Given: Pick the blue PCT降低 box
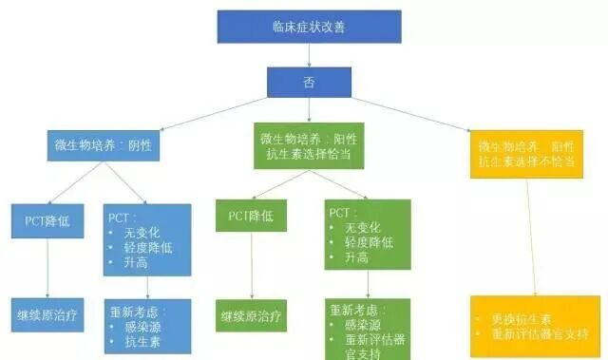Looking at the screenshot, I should [47, 220].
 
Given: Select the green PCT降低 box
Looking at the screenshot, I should [251, 216].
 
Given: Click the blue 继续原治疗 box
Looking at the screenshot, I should [47, 313].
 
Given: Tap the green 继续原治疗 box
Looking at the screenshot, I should [251, 316].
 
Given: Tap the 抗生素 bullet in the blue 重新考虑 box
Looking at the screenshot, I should [142, 341].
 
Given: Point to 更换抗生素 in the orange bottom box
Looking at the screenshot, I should [518, 318].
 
